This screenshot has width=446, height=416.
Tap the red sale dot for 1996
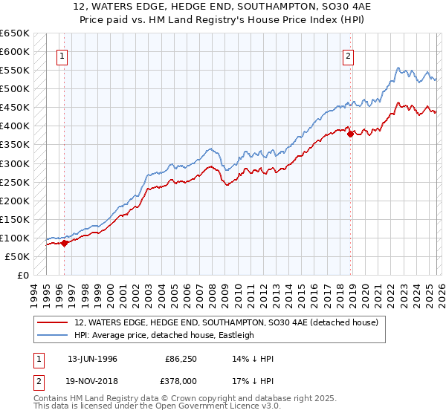pyautogui.click(x=65, y=242)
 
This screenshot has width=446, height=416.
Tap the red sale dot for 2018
pyautogui.click(x=350, y=134)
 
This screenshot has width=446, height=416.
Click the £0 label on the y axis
pyautogui.click(x=23, y=275)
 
